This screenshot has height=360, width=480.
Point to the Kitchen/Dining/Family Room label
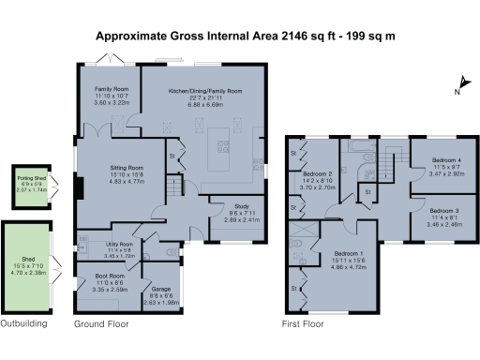coord(204,91)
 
